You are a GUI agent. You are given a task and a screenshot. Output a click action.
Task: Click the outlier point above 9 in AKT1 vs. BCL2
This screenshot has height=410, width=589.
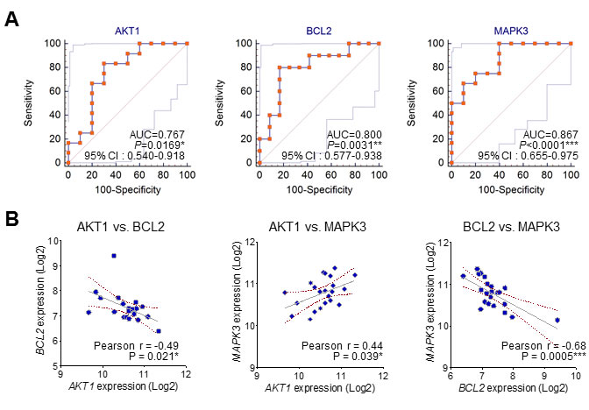[114, 256]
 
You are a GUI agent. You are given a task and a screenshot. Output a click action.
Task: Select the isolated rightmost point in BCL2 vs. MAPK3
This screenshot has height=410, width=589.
[557, 320]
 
